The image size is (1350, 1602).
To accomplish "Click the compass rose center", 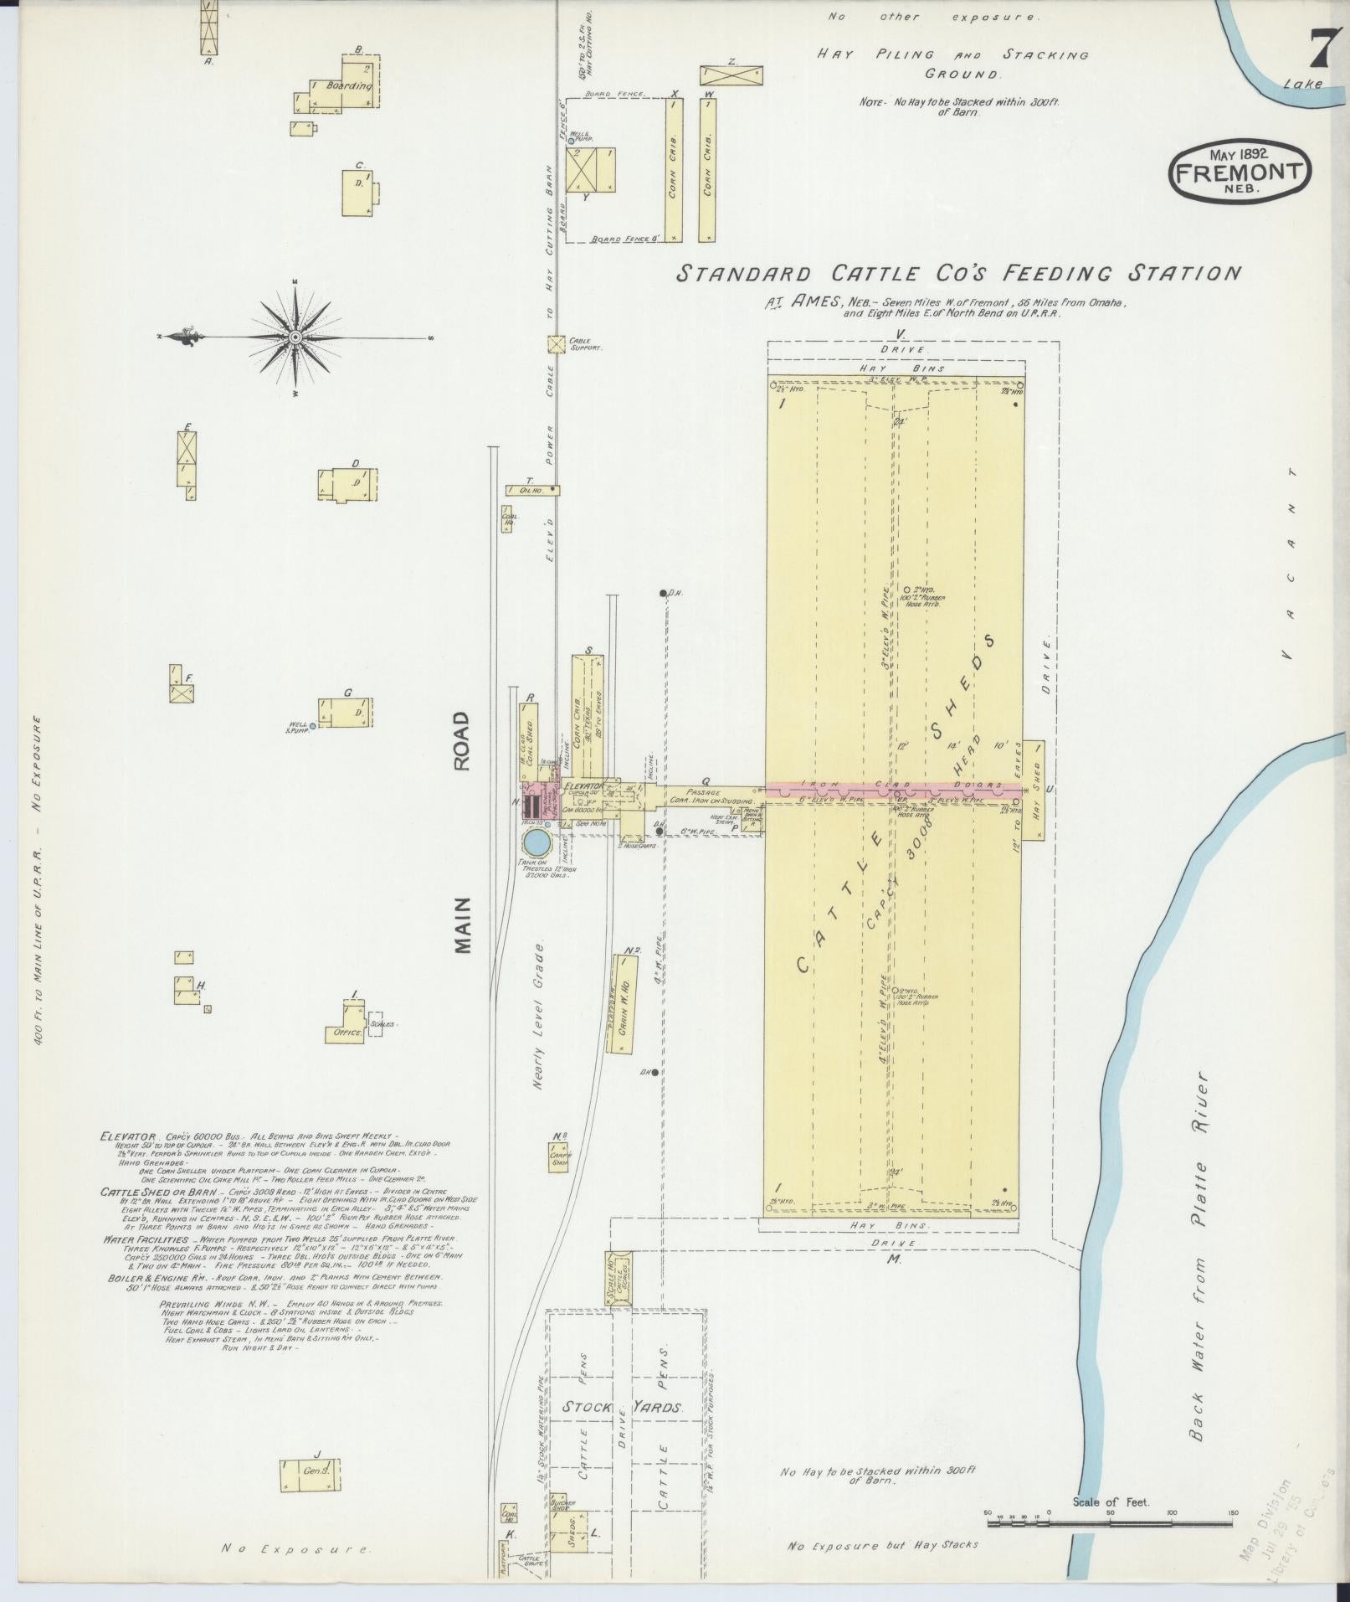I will pos(295,337).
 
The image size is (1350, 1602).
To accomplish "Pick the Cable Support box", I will pos(554,344).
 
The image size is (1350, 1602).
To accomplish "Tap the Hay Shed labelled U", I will pos(1034,790).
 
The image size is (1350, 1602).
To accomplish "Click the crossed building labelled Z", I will pos(731,74).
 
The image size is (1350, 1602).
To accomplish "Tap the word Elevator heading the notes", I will pos(128,1136).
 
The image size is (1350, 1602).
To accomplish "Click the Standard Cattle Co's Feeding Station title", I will pos(957,274).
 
